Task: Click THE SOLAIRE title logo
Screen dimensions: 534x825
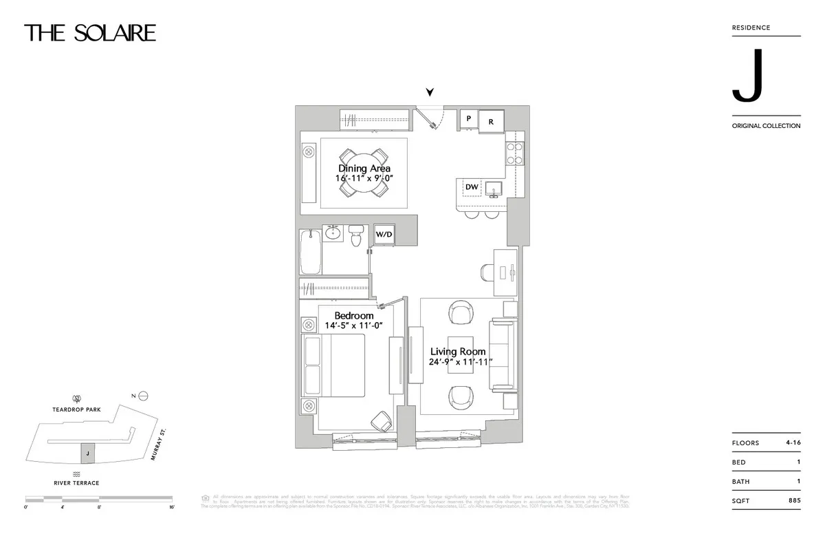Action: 90,32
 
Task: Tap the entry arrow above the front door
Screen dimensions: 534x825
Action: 430,92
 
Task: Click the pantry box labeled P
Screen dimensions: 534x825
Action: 468,119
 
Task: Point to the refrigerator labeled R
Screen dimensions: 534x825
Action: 491,121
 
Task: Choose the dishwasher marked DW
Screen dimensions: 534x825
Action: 472,187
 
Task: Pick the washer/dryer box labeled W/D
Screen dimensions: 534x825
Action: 384,234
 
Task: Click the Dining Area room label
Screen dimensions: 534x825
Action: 364,169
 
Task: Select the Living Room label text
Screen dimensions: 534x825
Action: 458,352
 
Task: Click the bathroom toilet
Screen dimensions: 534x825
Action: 355,237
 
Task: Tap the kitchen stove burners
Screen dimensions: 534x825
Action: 515,153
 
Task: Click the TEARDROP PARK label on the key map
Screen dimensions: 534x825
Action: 76,409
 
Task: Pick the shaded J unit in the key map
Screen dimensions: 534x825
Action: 87,453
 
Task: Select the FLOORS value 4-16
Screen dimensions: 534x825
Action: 792,443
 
